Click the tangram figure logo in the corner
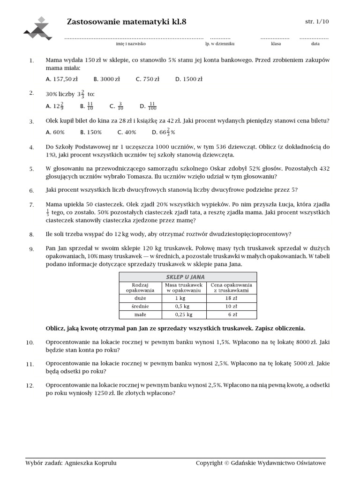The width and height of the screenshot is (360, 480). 39,28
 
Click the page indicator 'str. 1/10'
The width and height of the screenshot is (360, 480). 317,22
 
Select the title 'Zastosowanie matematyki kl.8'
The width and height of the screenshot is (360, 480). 130,22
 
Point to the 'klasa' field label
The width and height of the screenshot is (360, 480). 276,44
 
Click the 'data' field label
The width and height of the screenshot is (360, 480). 315,44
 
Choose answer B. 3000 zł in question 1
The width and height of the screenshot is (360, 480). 106,79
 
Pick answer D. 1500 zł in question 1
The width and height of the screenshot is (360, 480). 189,79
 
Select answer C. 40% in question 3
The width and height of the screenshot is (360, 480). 127,132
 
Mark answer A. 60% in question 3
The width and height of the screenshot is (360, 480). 55,132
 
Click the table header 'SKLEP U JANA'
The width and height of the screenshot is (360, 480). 187,277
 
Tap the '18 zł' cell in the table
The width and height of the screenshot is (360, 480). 232,298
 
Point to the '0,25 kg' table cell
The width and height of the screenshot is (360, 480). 184,315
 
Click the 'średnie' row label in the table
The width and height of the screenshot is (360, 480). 140,306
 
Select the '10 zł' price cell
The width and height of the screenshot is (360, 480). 232,306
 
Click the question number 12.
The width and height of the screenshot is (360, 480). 30,385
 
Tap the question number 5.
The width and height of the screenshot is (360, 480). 31,169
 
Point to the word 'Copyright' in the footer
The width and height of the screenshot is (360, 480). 209,463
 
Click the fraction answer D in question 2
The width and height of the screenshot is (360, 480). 148,106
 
